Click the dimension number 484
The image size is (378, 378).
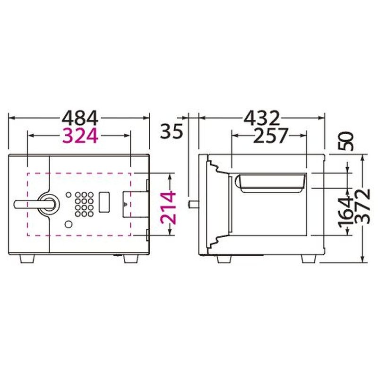(80, 118)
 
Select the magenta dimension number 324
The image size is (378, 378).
(80, 136)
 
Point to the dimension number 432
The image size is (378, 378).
(262, 118)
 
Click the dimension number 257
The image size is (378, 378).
(271, 136)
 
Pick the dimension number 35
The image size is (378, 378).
(171, 131)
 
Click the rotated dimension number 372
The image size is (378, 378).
(363, 206)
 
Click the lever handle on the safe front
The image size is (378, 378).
(36, 204)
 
